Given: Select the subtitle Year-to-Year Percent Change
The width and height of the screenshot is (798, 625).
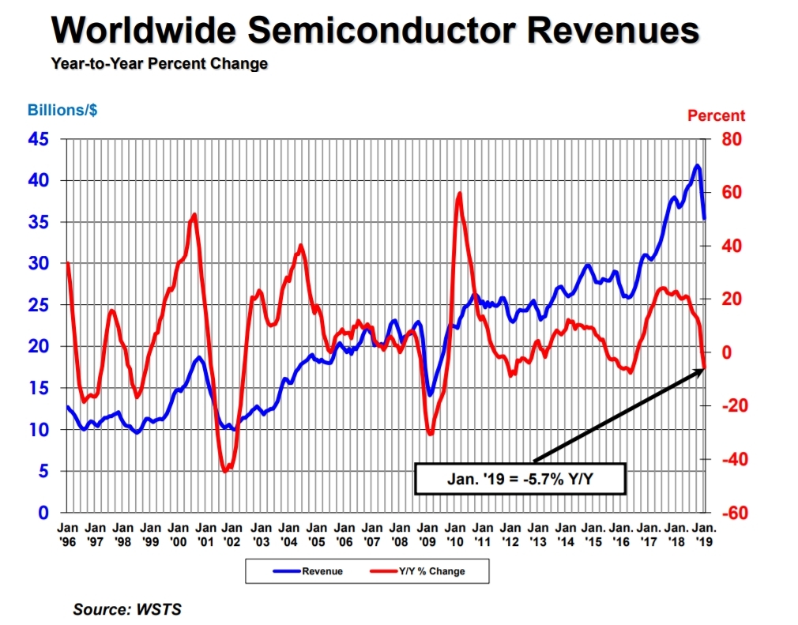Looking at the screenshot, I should pos(159,63).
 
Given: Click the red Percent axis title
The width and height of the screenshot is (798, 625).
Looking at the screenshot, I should pos(716,115).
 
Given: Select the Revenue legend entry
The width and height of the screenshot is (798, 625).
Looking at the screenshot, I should pos(307,571).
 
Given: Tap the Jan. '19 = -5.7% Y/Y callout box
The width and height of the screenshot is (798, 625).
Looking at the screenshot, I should pos(520,479).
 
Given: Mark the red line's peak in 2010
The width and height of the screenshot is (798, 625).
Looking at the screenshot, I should pos(459,194).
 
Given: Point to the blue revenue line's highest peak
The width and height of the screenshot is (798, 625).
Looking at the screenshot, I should pos(696,165).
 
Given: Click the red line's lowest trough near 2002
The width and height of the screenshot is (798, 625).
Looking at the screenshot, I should pos(225,471).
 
